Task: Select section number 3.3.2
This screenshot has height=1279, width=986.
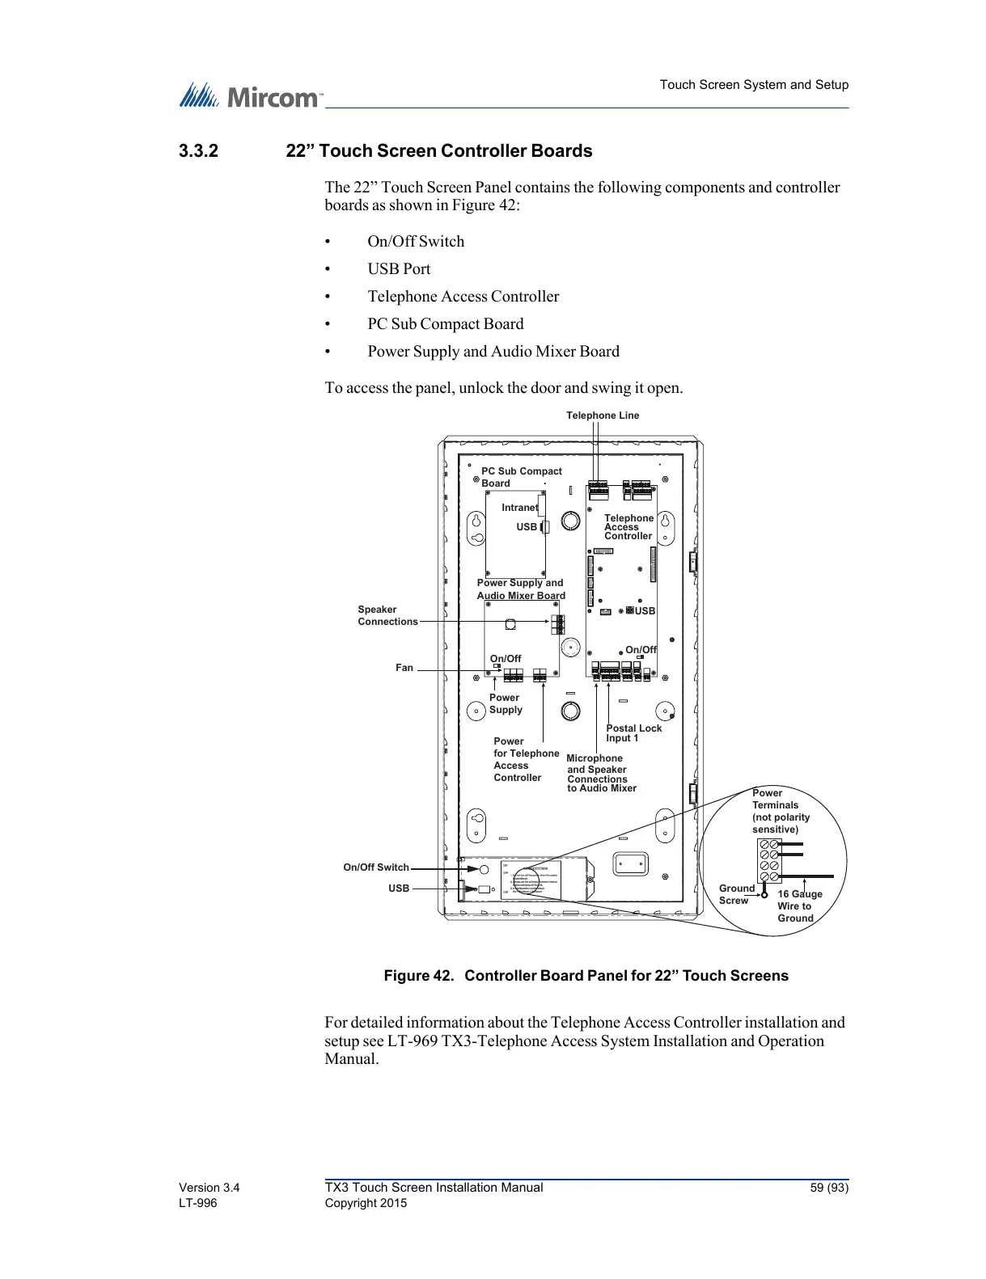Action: (198, 151)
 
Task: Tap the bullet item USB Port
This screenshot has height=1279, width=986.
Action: (399, 269)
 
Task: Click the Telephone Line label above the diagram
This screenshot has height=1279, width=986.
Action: (602, 416)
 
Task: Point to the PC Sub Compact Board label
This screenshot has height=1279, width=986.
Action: (521, 477)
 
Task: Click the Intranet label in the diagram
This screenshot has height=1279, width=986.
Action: (519, 508)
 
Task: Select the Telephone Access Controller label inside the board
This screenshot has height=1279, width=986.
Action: (628, 527)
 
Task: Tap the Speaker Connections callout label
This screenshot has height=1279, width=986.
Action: (387, 615)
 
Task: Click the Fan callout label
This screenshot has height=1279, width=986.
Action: (404, 668)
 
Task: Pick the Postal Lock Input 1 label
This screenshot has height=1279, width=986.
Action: (633, 733)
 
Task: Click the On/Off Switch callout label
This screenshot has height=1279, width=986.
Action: (376, 867)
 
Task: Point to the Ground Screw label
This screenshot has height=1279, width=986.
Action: (736, 894)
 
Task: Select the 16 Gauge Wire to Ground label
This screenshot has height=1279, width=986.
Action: (799, 906)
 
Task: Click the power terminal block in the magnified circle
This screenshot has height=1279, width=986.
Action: (769, 860)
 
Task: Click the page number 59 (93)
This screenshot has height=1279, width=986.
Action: (829, 1188)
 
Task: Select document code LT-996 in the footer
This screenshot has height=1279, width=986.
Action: (198, 1203)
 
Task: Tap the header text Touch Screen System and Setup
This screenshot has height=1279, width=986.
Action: (754, 85)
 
